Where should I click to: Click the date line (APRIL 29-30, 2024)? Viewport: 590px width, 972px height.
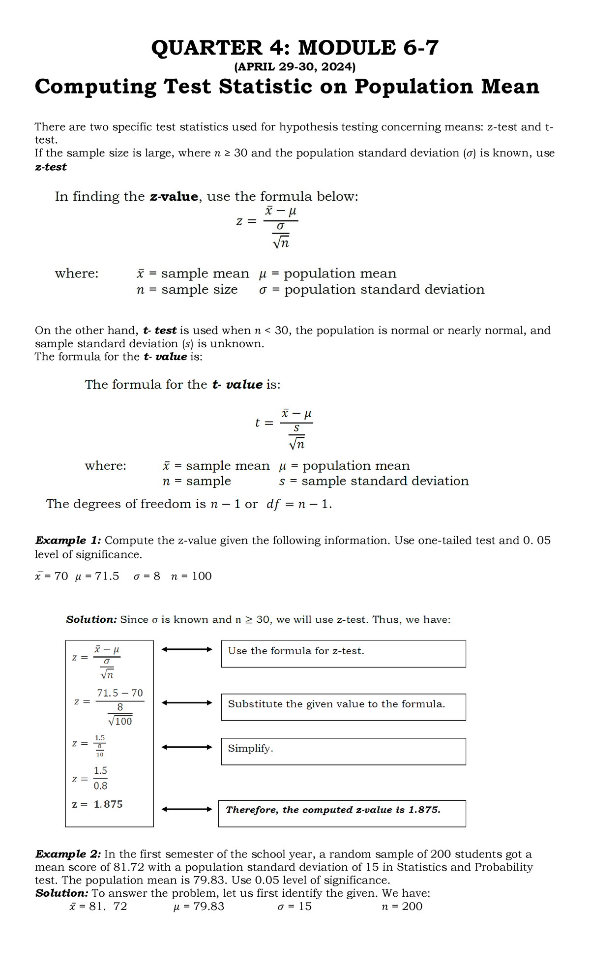(x=295, y=66)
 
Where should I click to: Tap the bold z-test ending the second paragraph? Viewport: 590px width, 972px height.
(x=51, y=167)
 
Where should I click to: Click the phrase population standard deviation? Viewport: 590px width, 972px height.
(x=384, y=290)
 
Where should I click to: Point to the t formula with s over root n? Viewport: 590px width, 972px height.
(x=284, y=429)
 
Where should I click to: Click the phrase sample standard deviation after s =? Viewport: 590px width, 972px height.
(x=384, y=481)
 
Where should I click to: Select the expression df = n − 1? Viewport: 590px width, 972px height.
(x=299, y=504)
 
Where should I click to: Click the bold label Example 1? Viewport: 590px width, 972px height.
(x=68, y=541)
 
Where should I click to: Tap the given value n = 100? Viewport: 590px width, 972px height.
(x=191, y=577)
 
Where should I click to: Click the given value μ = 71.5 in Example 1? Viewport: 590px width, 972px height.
(x=97, y=577)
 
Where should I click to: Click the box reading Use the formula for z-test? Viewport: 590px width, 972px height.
(x=343, y=654)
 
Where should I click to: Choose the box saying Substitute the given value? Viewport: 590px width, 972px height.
(x=343, y=707)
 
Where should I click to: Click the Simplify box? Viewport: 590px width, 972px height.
(x=343, y=751)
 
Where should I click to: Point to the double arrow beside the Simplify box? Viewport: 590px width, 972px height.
(x=187, y=747)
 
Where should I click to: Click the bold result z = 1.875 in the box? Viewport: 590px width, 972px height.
(x=97, y=805)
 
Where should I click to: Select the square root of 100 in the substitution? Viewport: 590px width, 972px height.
(x=120, y=721)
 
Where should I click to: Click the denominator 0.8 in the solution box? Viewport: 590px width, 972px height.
(x=100, y=786)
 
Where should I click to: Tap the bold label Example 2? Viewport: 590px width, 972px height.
(x=68, y=854)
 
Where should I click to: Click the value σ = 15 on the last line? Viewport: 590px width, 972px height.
(x=295, y=907)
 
